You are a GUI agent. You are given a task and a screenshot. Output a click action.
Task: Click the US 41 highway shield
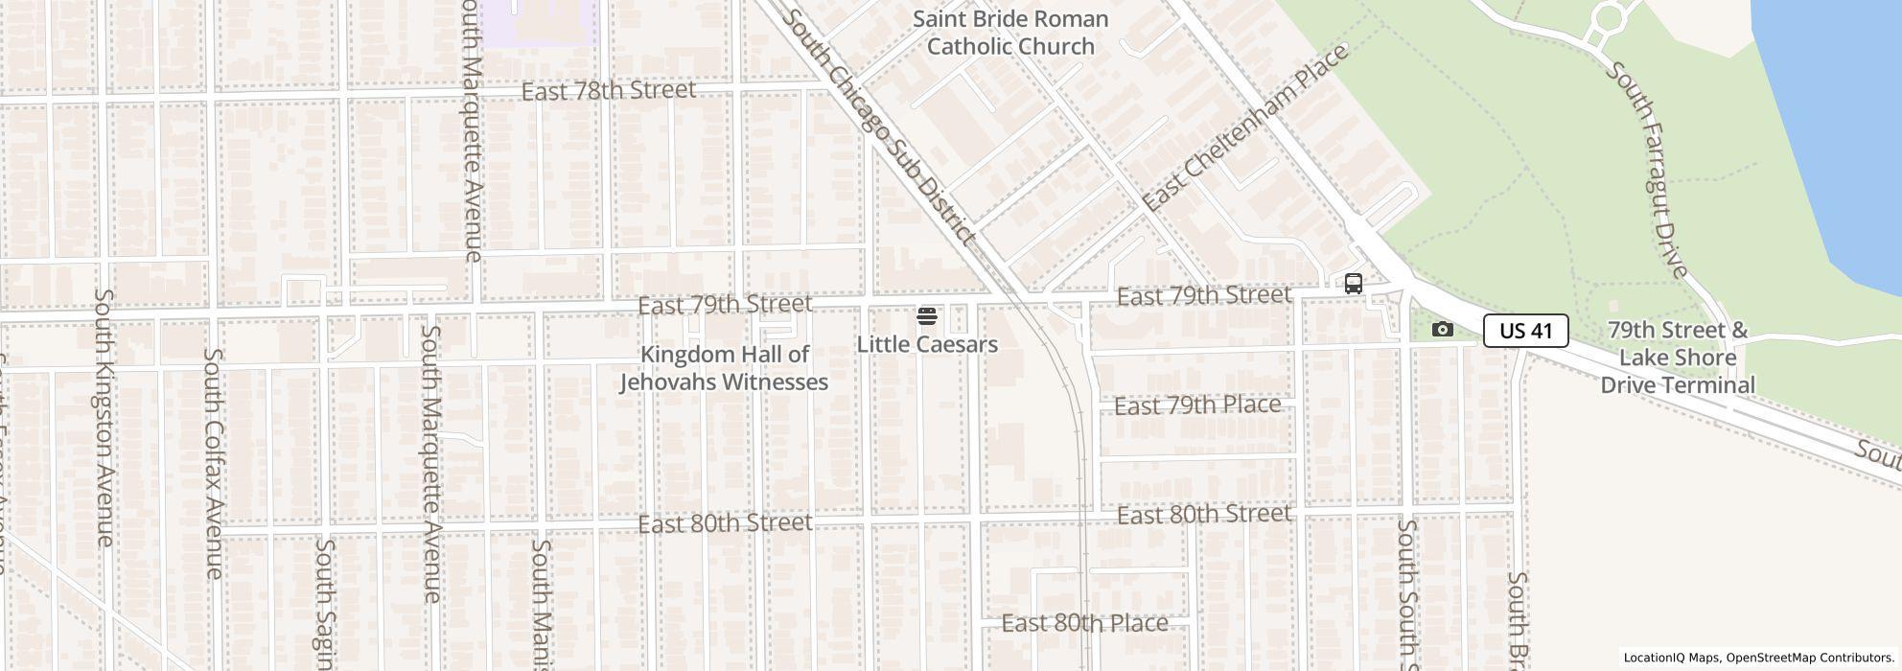click(x=1525, y=331)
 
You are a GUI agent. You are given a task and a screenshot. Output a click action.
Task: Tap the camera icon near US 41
click(x=1442, y=330)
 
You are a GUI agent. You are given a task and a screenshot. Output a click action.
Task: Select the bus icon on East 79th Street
click(x=1354, y=284)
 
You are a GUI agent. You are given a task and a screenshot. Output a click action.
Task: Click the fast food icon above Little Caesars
click(x=926, y=316)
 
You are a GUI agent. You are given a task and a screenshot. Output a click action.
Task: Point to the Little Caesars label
click(x=927, y=344)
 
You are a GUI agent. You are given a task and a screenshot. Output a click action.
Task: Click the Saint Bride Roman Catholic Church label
click(x=1010, y=33)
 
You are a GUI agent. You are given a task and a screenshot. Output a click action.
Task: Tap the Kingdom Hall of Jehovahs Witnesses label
click(x=724, y=368)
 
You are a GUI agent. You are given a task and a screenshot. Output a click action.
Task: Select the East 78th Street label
click(x=609, y=90)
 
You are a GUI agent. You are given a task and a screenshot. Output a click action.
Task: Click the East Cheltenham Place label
click(x=1245, y=127)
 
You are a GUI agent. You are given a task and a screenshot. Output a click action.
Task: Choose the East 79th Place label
click(x=1197, y=405)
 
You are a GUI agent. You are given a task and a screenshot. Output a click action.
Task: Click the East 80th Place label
click(x=1084, y=623)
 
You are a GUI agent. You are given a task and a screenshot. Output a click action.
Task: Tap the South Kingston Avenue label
click(x=104, y=418)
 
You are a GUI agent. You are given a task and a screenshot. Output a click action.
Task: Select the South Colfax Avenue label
click(x=214, y=463)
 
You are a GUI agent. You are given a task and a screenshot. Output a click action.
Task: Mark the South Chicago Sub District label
click(x=880, y=127)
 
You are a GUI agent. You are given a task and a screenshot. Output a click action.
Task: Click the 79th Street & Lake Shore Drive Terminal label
click(x=1678, y=358)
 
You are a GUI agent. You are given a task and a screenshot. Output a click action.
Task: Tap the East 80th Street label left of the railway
click(x=725, y=523)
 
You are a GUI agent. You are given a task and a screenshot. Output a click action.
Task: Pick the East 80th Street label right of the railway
click(x=1203, y=515)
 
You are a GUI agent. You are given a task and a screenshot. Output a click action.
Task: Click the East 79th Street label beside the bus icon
click(x=1203, y=296)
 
